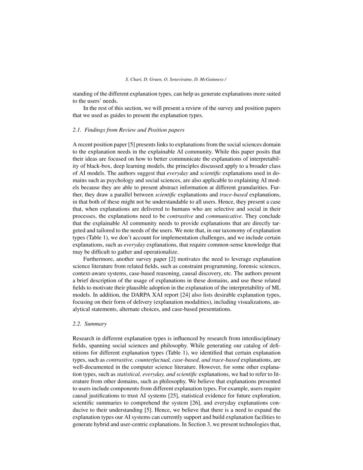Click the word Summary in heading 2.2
(x=96, y=324)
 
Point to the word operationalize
(x=161, y=252)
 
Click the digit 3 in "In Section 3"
(x=208, y=424)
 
